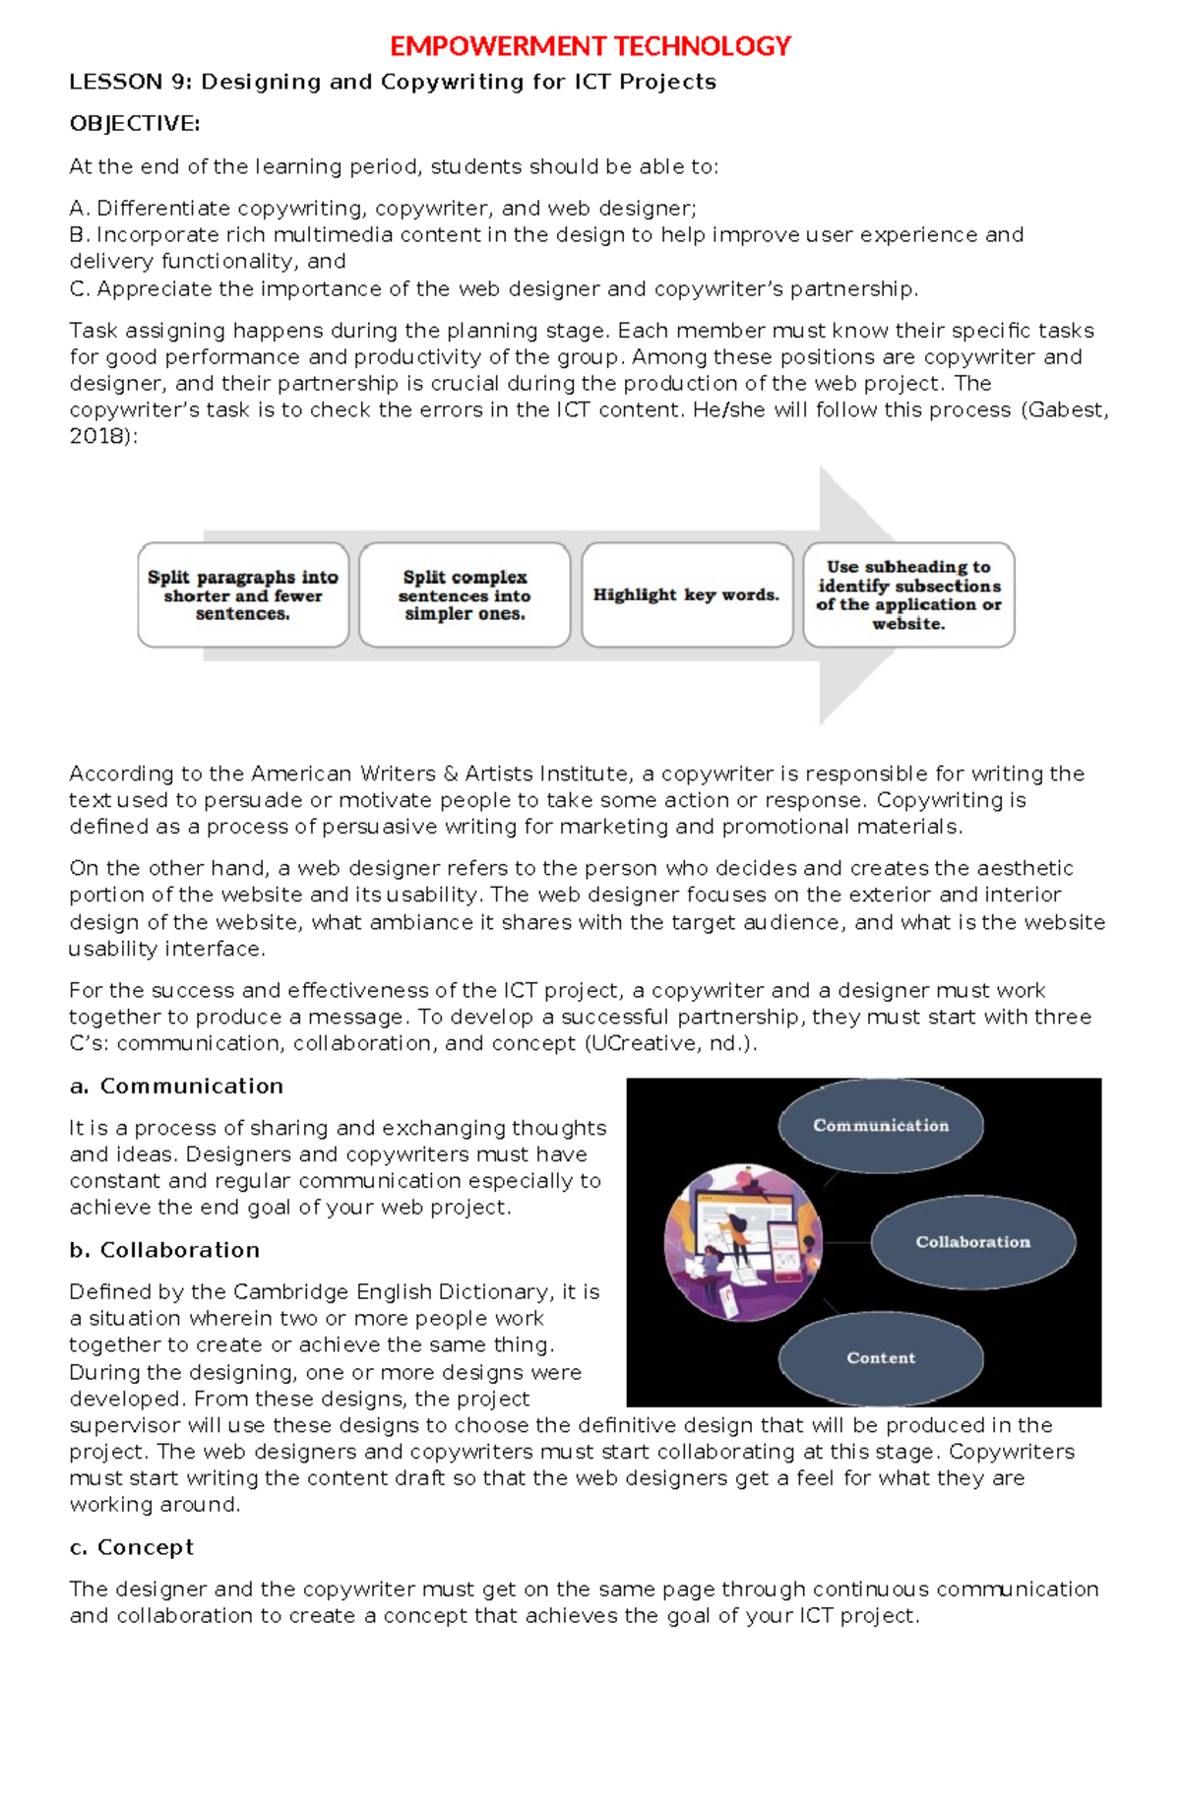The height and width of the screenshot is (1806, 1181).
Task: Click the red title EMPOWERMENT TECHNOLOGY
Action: pyautogui.click(x=590, y=46)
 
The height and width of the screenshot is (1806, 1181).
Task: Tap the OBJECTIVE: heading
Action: pyautogui.click(x=135, y=123)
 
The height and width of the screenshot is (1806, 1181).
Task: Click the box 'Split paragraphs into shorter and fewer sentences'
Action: pyautogui.click(x=243, y=594)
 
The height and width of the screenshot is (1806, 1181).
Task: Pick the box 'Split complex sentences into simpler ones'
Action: pyautogui.click(x=465, y=594)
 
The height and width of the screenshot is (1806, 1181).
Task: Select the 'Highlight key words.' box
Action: pyautogui.click(x=686, y=594)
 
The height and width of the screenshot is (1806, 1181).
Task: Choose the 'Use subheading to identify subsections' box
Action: pyautogui.click(x=908, y=594)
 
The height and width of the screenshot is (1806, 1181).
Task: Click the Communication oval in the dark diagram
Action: pyautogui.click(x=881, y=1125)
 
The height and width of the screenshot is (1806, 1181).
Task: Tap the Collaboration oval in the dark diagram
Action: pyautogui.click(x=972, y=1241)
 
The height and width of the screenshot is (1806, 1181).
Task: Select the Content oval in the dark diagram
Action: pyautogui.click(x=881, y=1357)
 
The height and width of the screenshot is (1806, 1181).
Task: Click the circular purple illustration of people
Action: pyautogui.click(x=743, y=1241)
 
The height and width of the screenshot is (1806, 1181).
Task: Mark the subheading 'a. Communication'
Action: pyautogui.click(x=176, y=1086)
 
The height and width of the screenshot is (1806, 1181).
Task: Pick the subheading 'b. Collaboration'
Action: pyautogui.click(x=164, y=1249)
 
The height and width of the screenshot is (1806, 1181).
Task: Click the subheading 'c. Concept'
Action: pyautogui.click(x=131, y=1546)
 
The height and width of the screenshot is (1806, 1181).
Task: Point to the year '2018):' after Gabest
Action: pyautogui.click(x=103, y=436)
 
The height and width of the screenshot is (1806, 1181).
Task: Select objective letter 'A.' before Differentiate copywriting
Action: pyautogui.click(x=79, y=208)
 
